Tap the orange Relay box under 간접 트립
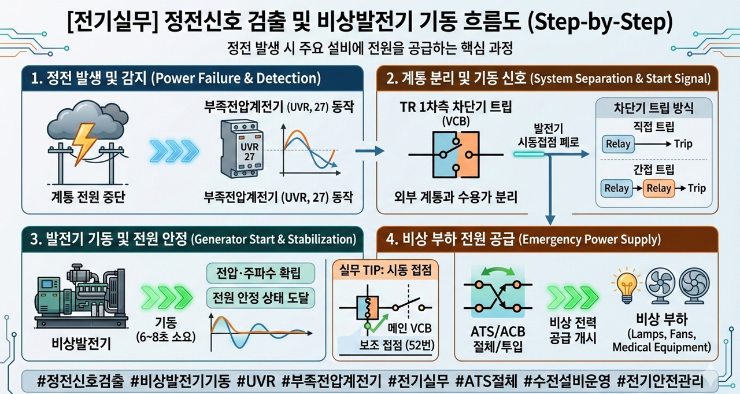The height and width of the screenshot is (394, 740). (658, 187)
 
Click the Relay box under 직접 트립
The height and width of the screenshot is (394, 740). (618, 144)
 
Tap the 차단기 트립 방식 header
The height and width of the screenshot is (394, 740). (653, 108)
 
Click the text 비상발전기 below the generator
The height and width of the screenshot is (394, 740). (80, 343)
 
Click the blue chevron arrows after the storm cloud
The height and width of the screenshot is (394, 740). (174, 151)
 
